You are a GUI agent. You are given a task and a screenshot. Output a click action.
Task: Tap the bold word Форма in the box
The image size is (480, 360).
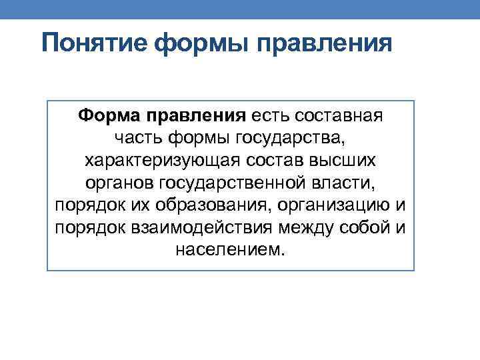[x=120, y=117]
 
